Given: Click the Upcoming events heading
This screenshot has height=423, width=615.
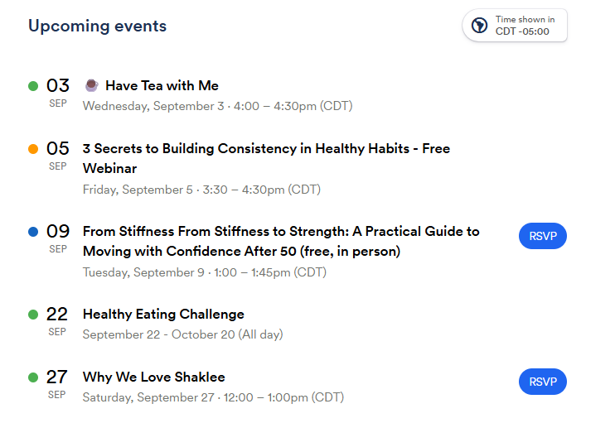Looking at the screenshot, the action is click(97, 26).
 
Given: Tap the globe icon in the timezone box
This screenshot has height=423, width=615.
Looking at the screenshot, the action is click(479, 26).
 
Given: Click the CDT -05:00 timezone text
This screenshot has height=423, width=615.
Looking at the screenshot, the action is click(522, 31).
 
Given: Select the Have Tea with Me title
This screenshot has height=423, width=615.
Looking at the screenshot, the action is click(162, 85).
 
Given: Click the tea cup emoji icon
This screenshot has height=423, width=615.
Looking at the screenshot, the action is click(92, 85).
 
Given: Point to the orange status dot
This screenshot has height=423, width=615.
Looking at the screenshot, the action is click(33, 149).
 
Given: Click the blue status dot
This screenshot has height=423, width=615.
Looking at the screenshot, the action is click(33, 232).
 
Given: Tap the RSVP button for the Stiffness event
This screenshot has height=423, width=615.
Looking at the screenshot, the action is click(543, 236).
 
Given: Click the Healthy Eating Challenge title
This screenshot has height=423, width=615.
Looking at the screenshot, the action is click(163, 314).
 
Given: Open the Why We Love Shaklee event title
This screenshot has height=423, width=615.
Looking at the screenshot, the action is click(154, 377).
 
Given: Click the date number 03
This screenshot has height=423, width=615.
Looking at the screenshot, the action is click(58, 85).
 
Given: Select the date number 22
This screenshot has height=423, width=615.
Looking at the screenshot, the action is click(57, 314).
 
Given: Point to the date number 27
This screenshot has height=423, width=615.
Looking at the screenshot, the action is click(57, 377).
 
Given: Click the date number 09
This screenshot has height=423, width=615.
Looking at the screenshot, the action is click(58, 231).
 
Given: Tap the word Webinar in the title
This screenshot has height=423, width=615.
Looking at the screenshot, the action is click(109, 168).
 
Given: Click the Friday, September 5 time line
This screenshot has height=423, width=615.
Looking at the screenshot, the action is click(201, 190).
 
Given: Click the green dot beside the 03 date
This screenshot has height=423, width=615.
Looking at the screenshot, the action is click(33, 86).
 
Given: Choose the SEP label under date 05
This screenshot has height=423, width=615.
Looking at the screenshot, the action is click(58, 166).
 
